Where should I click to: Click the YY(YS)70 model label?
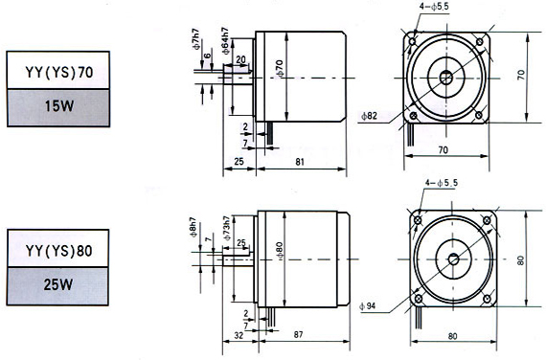tap(59, 72)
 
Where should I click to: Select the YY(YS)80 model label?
tap(58, 251)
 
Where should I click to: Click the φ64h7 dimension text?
tap(226, 41)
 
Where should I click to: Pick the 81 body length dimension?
tap(300, 162)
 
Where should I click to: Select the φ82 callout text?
tap(369, 116)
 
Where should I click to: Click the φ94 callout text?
tap(368, 306)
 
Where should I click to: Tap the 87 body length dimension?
tap(299, 334)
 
